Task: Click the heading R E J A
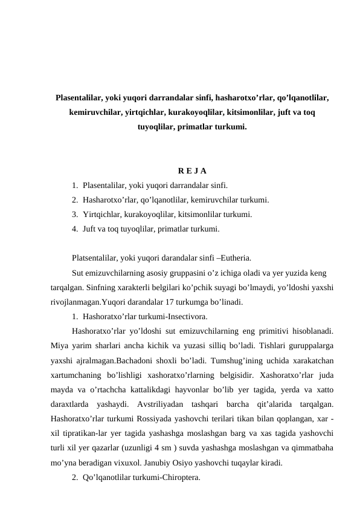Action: click(x=192, y=171)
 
